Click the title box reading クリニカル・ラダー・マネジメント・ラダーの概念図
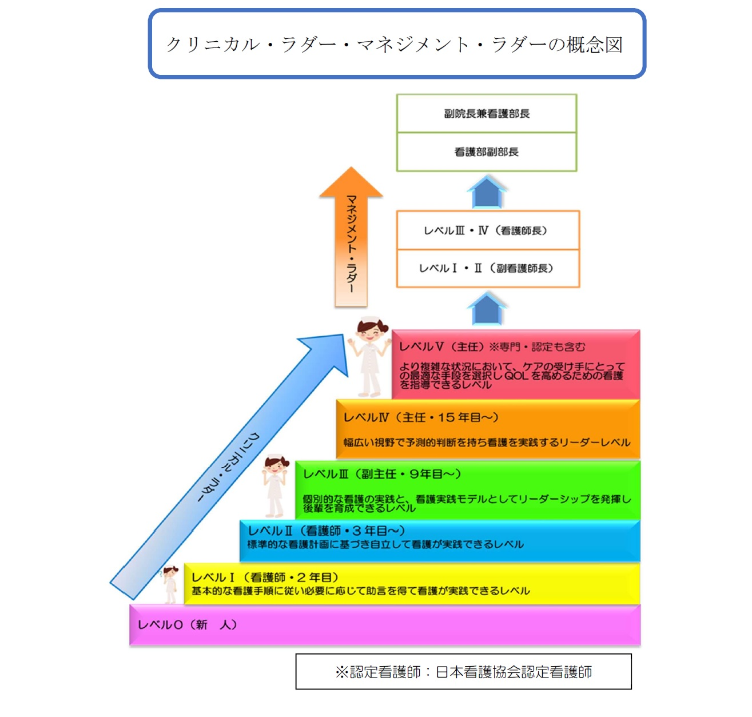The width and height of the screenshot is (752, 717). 396,44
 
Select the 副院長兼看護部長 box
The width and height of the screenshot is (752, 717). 487,114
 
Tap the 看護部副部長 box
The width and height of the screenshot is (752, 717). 487,152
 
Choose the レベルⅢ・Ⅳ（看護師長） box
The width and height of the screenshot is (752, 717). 487,230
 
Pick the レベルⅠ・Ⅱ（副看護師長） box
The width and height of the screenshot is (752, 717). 487,268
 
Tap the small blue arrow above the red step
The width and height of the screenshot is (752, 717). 487,309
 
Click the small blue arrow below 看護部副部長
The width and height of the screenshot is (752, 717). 487,192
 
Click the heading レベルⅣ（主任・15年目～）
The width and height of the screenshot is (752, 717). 421,417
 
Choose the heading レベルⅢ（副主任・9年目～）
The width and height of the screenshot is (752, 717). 382,474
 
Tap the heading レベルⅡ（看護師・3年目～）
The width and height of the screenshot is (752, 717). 326,531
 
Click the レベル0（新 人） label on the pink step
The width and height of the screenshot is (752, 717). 187,624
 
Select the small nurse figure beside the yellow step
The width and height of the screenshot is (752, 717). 170,584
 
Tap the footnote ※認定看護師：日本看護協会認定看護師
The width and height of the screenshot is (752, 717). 463,672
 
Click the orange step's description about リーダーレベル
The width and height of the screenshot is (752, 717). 487,442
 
